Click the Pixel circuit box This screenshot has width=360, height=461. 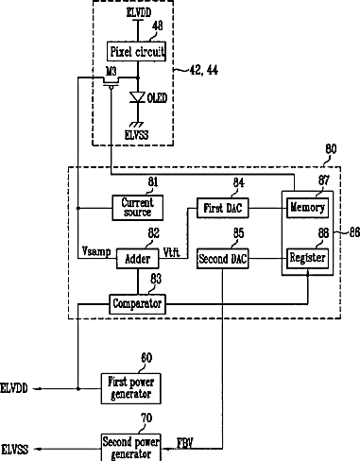pyautogui.click(x=136, y=51)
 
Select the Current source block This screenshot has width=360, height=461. pyautogui.click(x=138, y=208)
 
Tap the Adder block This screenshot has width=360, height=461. pyautogui.click(x=138, y=259)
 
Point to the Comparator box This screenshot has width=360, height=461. pyautogui.click(x=137, y=304)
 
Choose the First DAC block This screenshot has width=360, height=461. pyautogui.click(x=223, y=208)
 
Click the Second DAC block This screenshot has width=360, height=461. pyautogui.click(x=223, y=259)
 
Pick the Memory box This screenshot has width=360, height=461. pyautogui.click(x=307, y=208)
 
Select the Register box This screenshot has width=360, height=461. pyautogui.click(x=307, y=258)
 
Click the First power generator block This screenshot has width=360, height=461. pyautogui.click(x=131, y=388)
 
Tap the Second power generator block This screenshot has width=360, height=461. pyautogui.click(x=131, y=448)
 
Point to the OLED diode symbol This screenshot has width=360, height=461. pyautogui.click(x=138, y=97)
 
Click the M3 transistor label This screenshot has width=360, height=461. pyautogui.click(x=111, y=71)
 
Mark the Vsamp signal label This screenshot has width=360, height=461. pyautogui.click(x=96, y=251)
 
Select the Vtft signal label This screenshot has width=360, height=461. pyautogui.click(x=171, y=252)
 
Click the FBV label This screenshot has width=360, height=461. pyautogui.click(x=185, y=443)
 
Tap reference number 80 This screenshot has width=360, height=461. pyautogui.click(x=331, y=149)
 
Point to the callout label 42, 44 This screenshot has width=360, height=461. pyautogui.click(x=204, y=70)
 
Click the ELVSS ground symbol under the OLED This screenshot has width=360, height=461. pyautogui.click(x=137, y=125)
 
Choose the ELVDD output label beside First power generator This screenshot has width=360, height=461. pyautogui.click(x=14, y=388)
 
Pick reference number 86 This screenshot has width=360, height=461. pyautogui.click(x=354, y=232)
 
